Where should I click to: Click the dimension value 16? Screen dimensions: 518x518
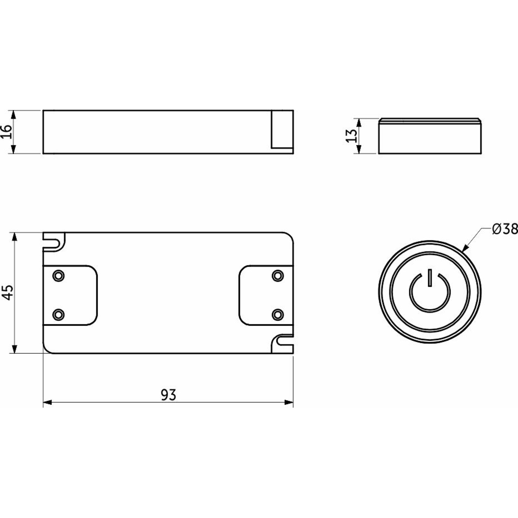click(7, 132)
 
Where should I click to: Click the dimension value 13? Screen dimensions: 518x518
click(351, 136)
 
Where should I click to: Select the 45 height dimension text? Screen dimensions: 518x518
click(7, 292)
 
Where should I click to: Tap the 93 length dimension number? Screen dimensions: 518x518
click(168, 395)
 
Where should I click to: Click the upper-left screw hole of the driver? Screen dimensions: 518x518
click(58, 276)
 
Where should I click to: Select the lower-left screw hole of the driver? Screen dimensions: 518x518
click(58, 314)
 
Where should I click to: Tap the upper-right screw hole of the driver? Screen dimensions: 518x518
click(277, 276)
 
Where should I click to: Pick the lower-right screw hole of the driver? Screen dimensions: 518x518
click(277, 314)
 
